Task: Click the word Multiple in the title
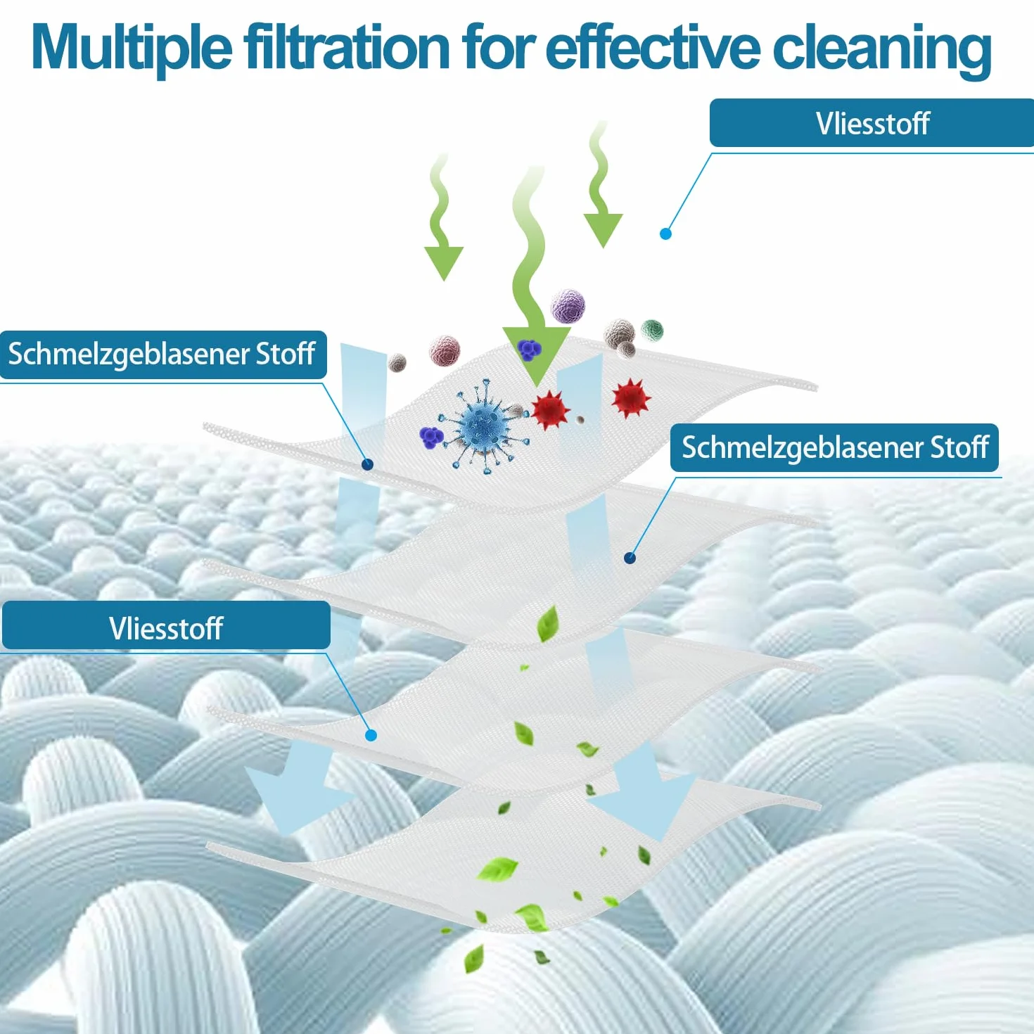132,49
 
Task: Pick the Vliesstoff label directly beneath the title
872,123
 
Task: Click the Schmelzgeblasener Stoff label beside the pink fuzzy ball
162,354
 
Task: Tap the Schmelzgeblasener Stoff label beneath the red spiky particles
835,447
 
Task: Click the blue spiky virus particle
483,426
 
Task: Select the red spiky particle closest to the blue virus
549,409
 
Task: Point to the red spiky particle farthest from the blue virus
631,397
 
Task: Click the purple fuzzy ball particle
568,306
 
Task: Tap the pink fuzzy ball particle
445,350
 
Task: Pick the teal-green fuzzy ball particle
653,330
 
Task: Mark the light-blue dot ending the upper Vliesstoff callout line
665,234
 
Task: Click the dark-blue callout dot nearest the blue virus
367,464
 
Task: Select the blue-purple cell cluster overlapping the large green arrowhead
529,350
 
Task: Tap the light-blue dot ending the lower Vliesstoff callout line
371,735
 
